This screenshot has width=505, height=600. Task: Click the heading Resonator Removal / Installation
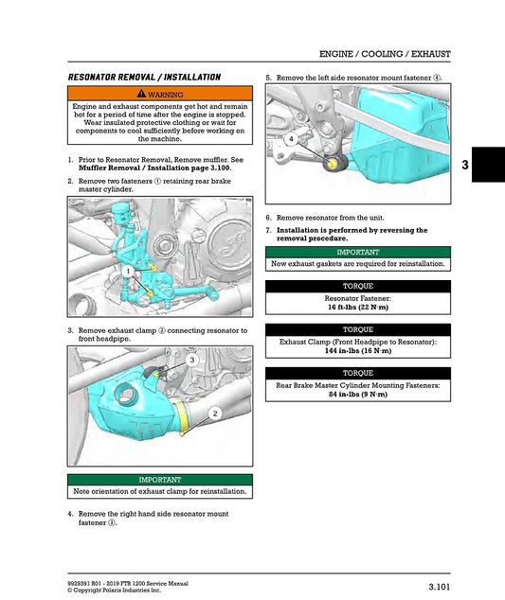point(144,77)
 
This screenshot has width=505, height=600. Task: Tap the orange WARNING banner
point(160,94)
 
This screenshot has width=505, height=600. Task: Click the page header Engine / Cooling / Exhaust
point(384,54)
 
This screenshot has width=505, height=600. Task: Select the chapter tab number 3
point(491,165)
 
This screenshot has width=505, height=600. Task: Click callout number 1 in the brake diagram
point(124,271)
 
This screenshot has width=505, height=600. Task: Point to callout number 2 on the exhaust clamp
point(214,414)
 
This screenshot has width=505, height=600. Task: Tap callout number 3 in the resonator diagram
point(192,360)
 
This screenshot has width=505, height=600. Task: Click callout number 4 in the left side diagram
point(291,139)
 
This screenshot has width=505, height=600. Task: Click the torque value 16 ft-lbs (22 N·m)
point(357,308)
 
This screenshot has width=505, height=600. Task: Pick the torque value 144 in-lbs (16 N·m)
point(357,350)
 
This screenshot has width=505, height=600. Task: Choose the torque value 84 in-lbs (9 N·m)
point(357,394)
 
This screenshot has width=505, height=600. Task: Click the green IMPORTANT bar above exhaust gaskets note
point(357,253)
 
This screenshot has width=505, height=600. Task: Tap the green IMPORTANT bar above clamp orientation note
point(160,480)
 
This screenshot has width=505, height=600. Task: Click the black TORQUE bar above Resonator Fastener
point(357,286)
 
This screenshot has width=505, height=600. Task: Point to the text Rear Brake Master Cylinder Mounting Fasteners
point(357,385)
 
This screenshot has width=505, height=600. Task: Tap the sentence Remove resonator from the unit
point(330,218)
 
